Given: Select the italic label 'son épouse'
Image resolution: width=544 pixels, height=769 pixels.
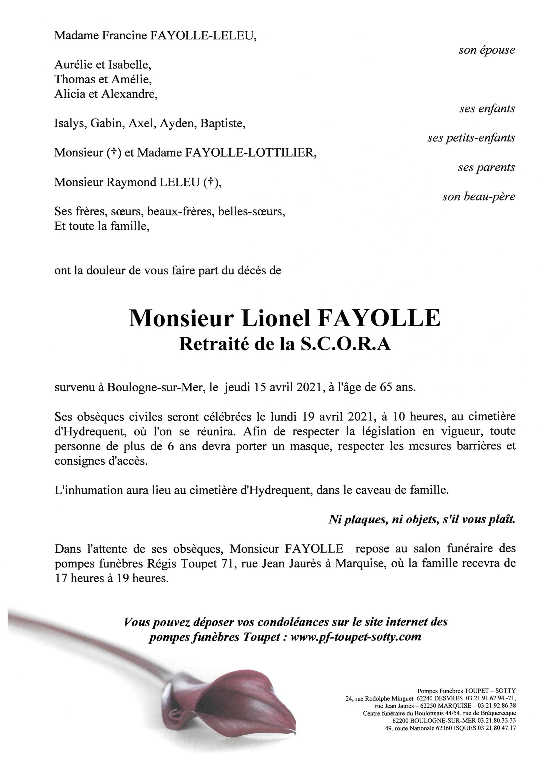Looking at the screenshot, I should pyautogui.click(x=487, y=50).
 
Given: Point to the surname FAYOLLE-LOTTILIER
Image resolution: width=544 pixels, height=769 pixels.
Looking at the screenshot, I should pyautogui.click(x=251, y=153).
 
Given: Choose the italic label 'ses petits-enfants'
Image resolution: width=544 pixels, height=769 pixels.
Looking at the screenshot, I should pyautogui.click(x=471, y=138).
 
